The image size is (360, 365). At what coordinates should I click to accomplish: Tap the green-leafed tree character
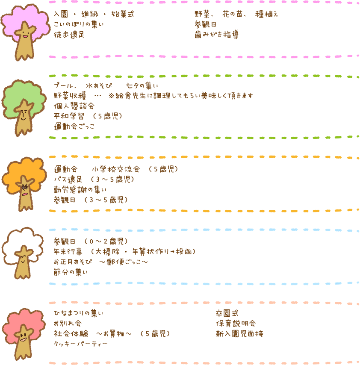pos(24,108)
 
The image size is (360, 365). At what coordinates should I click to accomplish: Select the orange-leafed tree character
pos(24,184)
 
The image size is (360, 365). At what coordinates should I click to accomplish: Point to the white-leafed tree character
pos(23,253)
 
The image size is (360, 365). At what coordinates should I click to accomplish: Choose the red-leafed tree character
pos(24,334)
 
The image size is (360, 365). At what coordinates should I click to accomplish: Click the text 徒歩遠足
pos(69,35)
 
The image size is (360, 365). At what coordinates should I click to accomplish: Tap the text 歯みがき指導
pos(217,35)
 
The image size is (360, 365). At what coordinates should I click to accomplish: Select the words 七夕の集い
pos(142,85)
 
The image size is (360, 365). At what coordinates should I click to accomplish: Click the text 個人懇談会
pos(74,106)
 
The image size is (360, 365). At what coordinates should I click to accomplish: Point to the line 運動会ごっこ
pos(74,127)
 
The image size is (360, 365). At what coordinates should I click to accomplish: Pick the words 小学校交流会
pos(116,169)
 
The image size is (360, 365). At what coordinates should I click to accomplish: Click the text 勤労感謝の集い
pos(80,190)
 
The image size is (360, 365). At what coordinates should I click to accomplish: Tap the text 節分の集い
pos(71,272)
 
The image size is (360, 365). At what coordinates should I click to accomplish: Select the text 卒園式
pos(227,313)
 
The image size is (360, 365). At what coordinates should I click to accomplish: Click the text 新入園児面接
pos(239,334)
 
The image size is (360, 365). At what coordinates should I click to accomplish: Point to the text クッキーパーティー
pos(80,344)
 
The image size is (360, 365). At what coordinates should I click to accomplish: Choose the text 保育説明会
pos(236,324)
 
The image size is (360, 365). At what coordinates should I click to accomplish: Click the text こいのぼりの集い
pos(79,24)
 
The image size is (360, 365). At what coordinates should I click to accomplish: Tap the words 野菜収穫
pos(70,96)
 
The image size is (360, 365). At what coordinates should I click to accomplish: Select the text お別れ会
pos(68,324)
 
